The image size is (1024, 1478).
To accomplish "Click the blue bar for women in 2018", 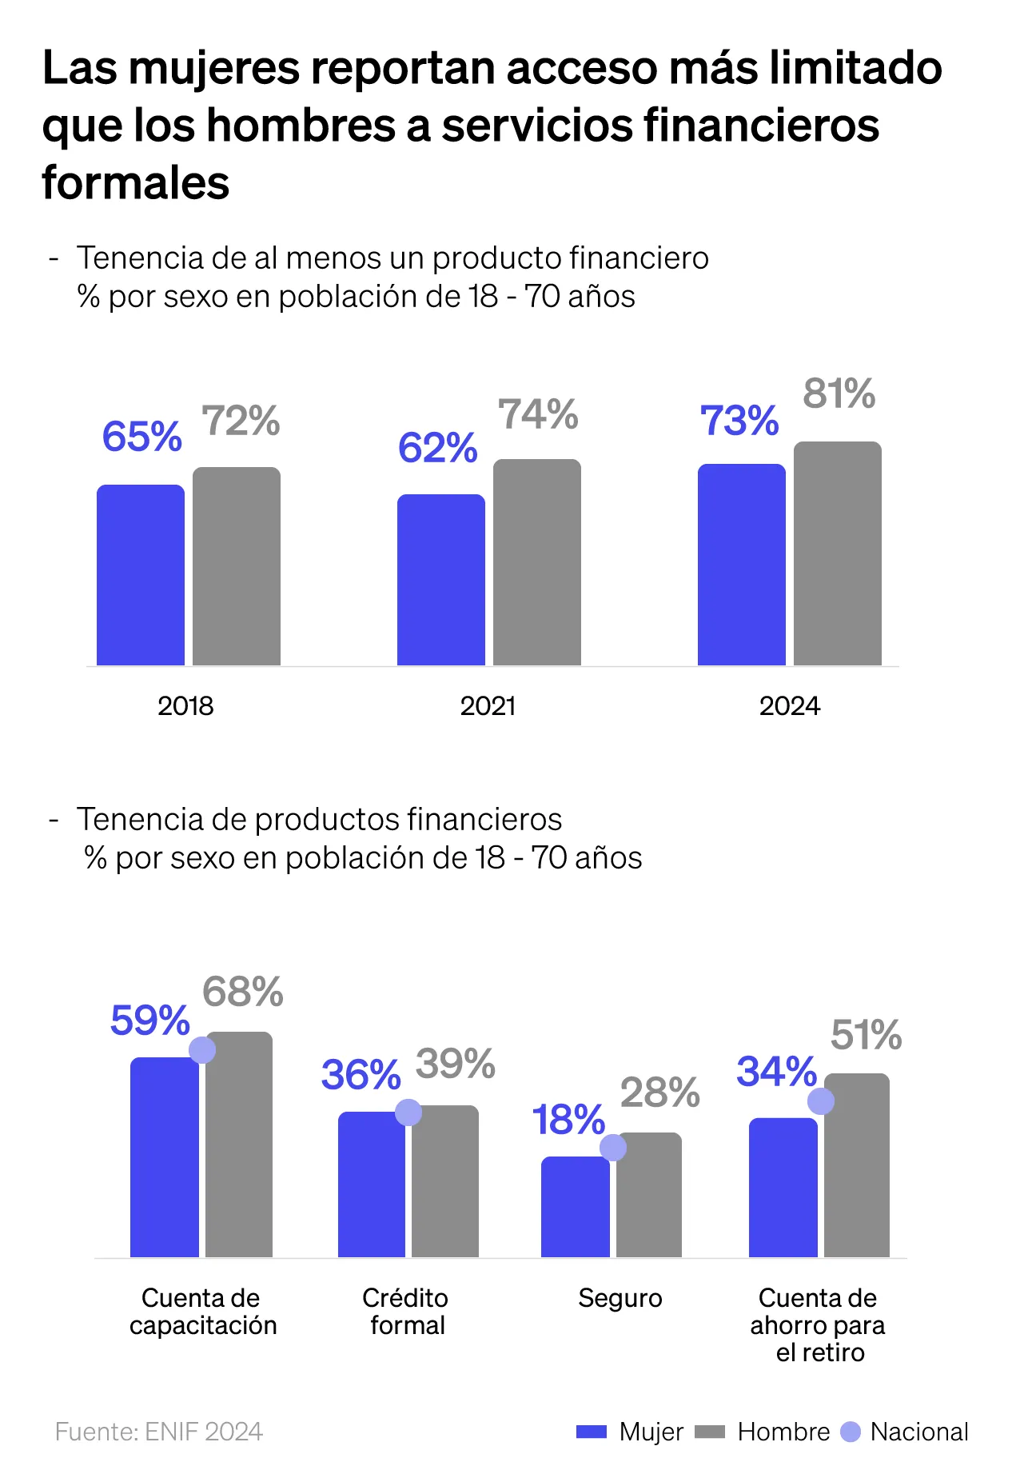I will click(141, 575).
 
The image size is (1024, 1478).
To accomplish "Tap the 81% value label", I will click(839, 393).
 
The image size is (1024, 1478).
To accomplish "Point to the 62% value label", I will click(438, 448).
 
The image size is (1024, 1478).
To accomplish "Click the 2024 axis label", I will click(790, 706).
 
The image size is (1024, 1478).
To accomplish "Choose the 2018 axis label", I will click(185, 706).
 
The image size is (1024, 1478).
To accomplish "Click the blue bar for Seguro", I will click(575, 1208).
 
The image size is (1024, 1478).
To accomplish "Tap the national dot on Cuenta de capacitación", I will click(202, 1050).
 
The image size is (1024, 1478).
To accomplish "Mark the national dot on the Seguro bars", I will click(613, 1148).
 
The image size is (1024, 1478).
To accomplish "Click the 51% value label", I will click(867, 1035).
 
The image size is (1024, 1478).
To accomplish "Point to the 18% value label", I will click(568, 1120).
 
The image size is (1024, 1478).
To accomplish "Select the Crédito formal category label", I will click(406, 1312).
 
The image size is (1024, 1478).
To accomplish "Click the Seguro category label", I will click(620, 1298).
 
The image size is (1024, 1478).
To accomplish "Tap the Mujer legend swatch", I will click(592, 1432).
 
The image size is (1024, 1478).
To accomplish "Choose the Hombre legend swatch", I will click(710, 1432).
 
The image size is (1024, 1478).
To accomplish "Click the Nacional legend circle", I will click(851, 1432).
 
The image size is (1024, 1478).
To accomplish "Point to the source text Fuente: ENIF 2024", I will click(159, 1432).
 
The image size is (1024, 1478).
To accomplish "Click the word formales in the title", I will click(136, 182).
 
